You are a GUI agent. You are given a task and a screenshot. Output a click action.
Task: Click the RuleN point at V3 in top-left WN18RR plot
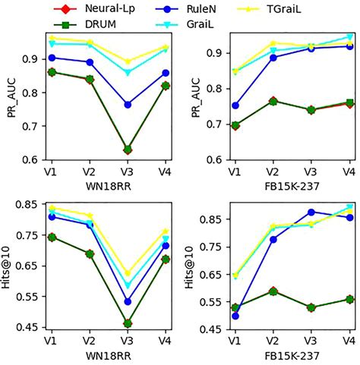(x=128, y=104)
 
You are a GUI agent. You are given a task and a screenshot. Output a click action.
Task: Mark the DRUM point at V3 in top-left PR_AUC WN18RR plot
(x=128, y=149)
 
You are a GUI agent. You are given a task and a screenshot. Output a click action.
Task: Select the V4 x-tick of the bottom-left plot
(x=166, y=342)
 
